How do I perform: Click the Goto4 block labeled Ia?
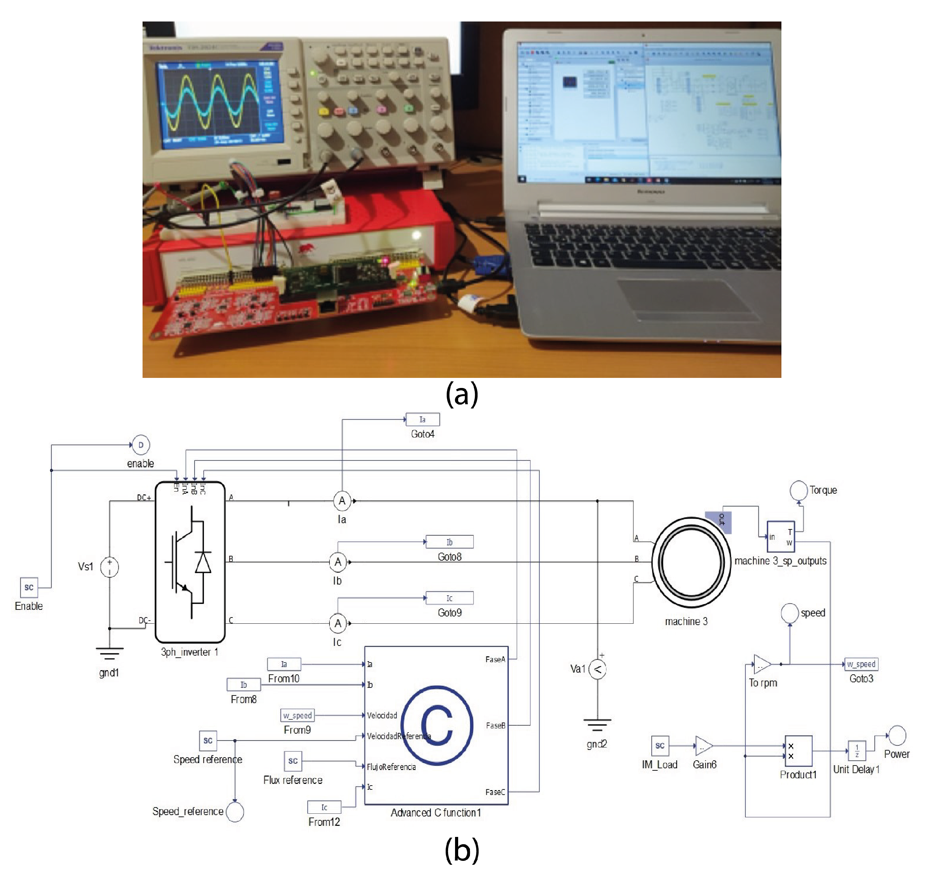click(422, 420)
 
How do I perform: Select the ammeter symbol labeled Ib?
click(338, 562)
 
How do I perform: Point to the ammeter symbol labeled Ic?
click(338, 623)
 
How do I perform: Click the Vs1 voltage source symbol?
click(110, 567)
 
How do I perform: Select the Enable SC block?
click(29, 587)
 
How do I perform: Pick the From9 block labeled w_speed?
click(297, 715)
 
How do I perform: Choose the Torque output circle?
click(798, 490)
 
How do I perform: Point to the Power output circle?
click(897, 735)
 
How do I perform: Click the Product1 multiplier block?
click(798, 751)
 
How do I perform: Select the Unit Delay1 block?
click(856, 751)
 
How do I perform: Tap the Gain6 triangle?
click(703, 746)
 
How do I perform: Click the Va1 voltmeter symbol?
click(597, 669)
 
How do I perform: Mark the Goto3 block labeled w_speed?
click(861, 664)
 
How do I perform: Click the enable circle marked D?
click(140, 445)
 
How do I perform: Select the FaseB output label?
click(495, 725)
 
